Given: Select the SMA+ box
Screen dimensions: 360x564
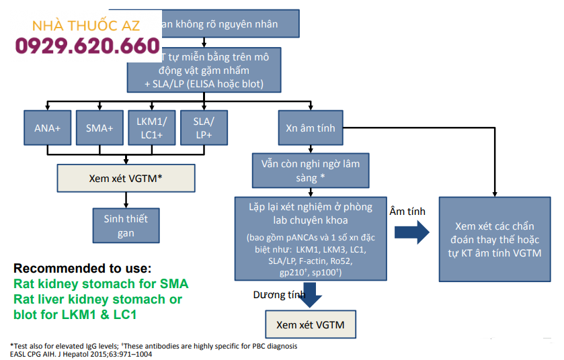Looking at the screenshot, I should point(99,128).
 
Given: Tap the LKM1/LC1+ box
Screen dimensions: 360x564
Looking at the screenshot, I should point(151,128).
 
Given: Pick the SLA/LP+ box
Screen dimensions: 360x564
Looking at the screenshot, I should point(204,128).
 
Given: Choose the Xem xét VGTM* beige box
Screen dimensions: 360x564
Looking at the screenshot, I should point(126,179).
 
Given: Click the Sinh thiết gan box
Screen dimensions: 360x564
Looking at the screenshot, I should point(126,226).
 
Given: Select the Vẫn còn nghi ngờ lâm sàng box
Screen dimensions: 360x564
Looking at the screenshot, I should point(311,170).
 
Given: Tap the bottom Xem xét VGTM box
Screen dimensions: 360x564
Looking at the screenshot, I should point(311,325).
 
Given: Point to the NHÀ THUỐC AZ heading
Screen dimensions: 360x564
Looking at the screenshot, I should point(85,26).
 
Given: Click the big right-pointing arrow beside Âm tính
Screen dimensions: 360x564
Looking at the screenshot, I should point(411,232).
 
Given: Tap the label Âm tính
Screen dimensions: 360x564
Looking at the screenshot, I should point(407,211).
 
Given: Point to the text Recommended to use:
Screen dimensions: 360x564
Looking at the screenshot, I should point(82,268).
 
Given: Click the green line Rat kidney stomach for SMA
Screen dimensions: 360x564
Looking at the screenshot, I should point(101,283).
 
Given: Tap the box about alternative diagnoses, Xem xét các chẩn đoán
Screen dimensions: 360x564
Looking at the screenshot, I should point(497,239).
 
